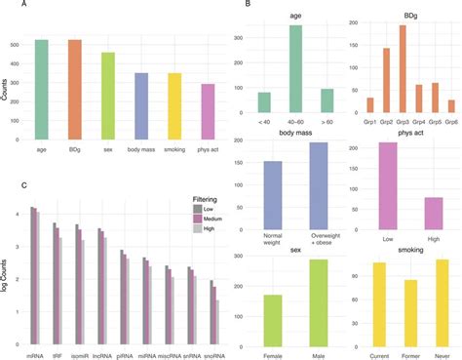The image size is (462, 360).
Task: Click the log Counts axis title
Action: [x=7, y=269]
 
